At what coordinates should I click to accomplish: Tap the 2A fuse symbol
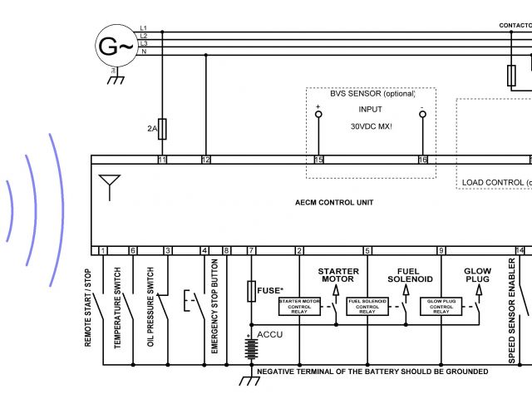point(163,129)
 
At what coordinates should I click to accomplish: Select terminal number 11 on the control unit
point(162,159)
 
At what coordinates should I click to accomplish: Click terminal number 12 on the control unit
point(206,159)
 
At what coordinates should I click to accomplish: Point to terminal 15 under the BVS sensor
point(318,159)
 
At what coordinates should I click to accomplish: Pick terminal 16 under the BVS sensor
point(422,159)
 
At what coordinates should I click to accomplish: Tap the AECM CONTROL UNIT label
point(334,203)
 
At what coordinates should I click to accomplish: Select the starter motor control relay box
point(299,306)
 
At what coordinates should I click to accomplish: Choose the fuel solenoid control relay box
point(367,306)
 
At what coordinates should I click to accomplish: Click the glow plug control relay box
point(441,306)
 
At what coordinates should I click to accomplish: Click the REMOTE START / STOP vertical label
point(89,308)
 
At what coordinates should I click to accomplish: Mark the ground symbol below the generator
point(117,79)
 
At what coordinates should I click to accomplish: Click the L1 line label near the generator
point(143,28)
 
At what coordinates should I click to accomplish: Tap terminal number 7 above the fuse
point(251,250)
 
